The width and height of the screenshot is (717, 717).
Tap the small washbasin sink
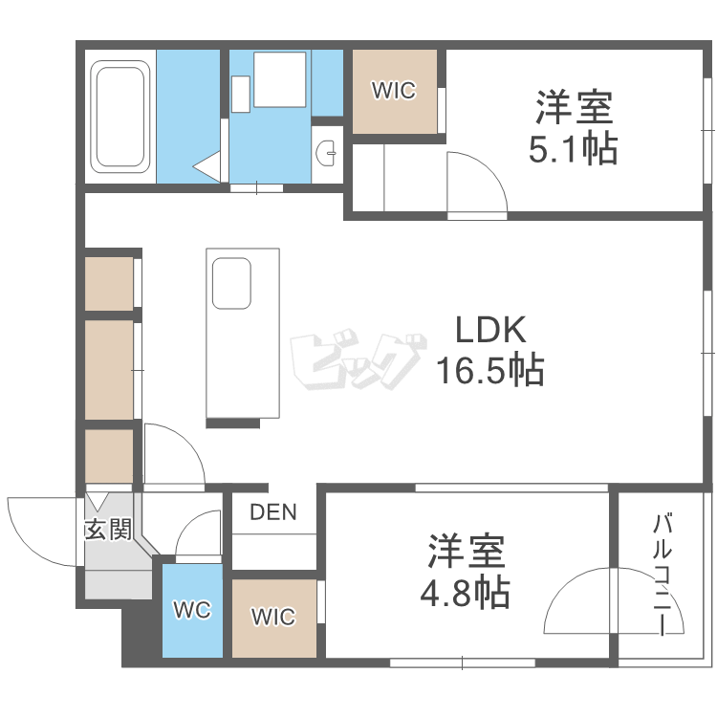tap(327, 150)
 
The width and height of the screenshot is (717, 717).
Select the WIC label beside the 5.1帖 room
tap(394, 92)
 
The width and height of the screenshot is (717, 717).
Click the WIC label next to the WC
tap(273, 617)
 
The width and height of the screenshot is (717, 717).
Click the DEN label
tap(273, 512)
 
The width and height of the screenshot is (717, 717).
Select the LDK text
tap(489, 331)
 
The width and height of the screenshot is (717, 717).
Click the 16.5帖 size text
tap(489, 369)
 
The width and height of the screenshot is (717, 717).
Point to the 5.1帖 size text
tap(574, 148)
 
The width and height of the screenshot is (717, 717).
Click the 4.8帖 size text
tap(466, 594)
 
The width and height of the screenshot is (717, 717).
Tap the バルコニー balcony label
tap(662, 574)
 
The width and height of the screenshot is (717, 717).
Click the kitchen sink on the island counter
tap(231, 283)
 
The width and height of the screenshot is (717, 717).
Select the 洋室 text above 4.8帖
tap(466, 553)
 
